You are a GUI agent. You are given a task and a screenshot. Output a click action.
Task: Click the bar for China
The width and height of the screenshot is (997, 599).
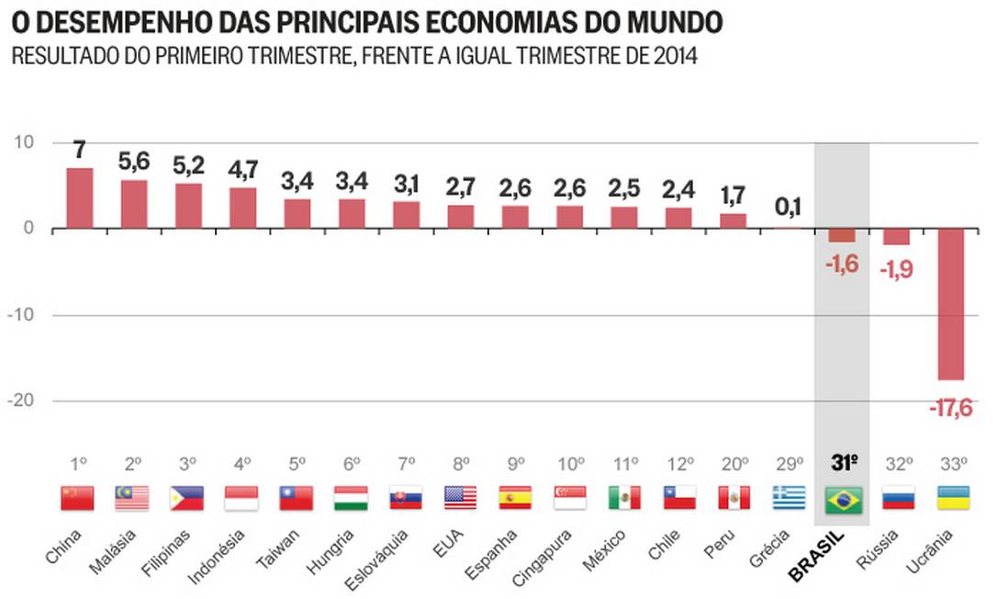[x=80, y=198]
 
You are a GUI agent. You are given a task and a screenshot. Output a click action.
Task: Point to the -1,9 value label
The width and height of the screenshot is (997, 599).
[x=897, y=270]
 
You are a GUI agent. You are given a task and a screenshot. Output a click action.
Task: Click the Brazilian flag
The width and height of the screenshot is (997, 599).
[x=843, y=499]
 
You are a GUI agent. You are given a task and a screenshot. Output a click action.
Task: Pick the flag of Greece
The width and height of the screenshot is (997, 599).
[x=788, y=499]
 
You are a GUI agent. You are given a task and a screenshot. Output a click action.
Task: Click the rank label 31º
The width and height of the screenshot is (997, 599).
[x=844, y=463]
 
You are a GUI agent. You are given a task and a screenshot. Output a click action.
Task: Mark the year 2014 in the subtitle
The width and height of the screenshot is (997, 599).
[x=674, y=57]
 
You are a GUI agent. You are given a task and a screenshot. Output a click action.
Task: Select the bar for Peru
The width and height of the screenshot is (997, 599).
[x=734, y=220]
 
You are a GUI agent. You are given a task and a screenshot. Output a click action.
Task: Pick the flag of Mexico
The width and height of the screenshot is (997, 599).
[x=624, y=499]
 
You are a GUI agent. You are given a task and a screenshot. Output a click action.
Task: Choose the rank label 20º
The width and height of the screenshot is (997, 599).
[x=734, y=464]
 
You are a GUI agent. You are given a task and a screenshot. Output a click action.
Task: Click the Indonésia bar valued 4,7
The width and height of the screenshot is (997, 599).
[x=243, y=208]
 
